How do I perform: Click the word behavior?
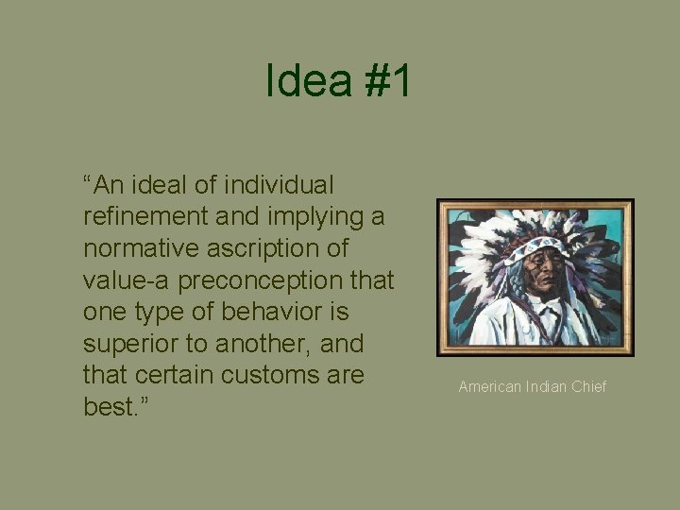click(x=281, y=313)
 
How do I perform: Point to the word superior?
click(x=129, y=345)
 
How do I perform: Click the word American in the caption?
click(x=489, y=387)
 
